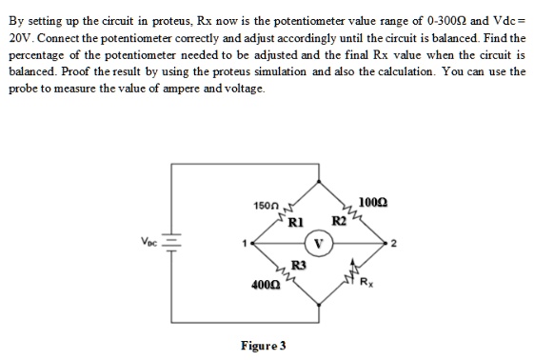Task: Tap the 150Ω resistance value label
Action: (x=266, y=206)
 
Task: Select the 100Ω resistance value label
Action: (x=373, y=200)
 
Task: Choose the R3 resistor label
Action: (x=298, y=264)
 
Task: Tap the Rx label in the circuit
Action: (x=367, y=281)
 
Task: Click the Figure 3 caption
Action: (x=265, y=344)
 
